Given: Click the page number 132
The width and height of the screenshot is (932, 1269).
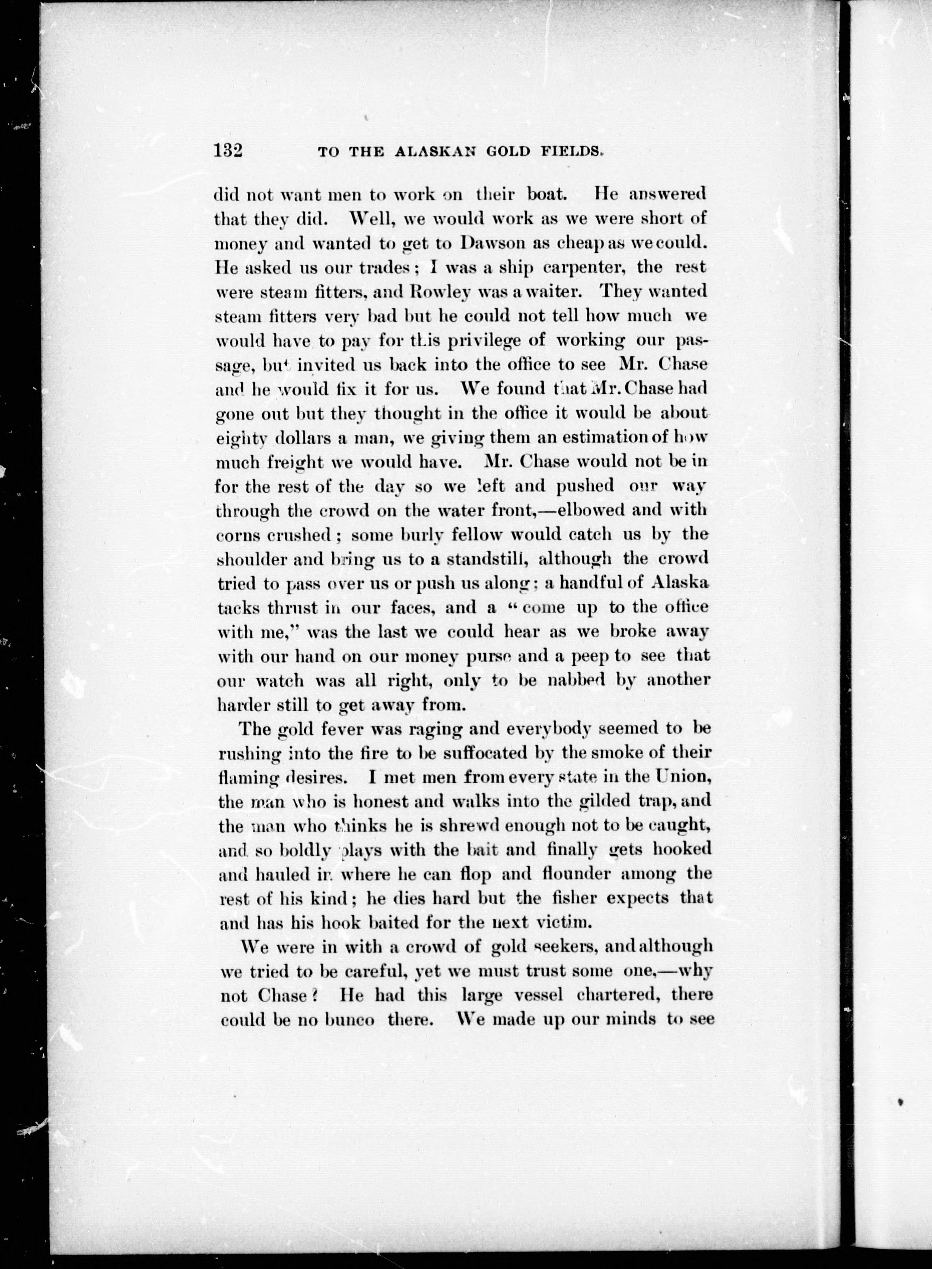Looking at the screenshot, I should coord(228,151).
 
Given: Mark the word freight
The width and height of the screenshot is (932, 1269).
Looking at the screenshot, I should coord(292,462).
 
